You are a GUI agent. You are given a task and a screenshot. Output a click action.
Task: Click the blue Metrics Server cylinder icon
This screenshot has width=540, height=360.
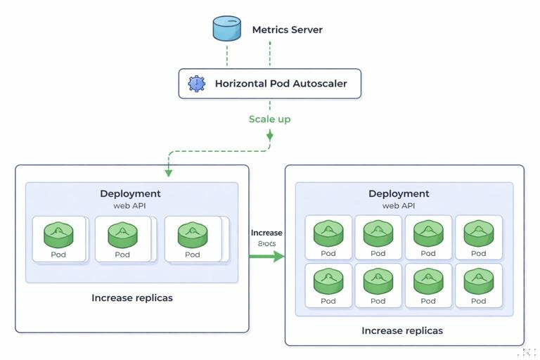click(x=227, y=29)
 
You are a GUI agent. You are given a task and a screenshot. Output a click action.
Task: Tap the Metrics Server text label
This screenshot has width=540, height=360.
click(x=288, y=30)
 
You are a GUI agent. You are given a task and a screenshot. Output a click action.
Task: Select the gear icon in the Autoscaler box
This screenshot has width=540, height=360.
click(x=196, y=84)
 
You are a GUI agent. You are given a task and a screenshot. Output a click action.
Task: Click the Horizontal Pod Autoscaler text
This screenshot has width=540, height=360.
click(x=281, y=84)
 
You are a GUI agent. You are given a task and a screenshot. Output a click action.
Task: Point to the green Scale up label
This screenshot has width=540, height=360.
click(x=269, y=119)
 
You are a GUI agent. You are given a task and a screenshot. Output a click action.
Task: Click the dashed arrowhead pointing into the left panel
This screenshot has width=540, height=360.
click(x=167, y=172)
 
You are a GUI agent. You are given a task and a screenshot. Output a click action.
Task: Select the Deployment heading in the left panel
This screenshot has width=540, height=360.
click(x=130, y=193)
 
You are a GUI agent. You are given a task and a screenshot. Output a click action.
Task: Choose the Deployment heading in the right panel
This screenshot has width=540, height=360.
click(x=399, y=193)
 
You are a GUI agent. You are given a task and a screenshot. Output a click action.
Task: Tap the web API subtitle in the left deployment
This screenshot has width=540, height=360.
click(x=130, y=206)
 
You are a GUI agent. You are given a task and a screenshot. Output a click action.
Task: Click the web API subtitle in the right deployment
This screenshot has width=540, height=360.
click(x=399, y=206)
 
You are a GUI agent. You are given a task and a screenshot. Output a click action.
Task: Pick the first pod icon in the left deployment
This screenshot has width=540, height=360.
click(x=58, y=235)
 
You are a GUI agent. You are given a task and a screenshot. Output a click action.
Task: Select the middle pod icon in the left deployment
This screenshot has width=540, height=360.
click(x=123, y=235)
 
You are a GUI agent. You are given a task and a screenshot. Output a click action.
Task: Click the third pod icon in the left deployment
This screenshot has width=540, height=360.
click(x=192, y=235)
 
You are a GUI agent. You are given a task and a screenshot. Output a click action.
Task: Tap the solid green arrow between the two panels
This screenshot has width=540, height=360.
click(x=267, y=257)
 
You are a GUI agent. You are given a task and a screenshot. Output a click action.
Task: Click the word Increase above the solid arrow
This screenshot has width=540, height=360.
click(x=266, y=233)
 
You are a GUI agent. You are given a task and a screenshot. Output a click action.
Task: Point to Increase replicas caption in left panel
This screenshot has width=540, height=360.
click(x=132, y=297)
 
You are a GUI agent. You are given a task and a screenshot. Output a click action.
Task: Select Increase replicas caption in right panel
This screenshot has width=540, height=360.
click(x=402, y=330)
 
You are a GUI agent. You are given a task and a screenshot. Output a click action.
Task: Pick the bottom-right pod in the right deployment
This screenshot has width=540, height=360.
click(x=478, y=281)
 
